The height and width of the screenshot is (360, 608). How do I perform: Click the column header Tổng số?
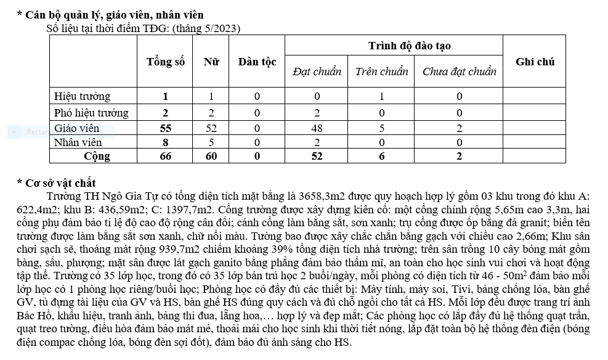(x=165, y=62)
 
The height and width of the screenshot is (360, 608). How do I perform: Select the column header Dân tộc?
(x=257, y=62)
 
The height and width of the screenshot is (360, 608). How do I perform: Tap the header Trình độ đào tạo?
(x=409, y=46)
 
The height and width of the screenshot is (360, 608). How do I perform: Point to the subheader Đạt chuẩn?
(x=317, y=72)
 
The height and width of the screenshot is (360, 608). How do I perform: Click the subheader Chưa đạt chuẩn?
(x=459, y=72)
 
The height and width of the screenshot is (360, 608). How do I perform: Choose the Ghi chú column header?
(x=535, y=62)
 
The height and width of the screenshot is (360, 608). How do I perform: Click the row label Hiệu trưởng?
(x=82, y=96)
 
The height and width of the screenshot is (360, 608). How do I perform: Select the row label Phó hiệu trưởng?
(x=91, y=113)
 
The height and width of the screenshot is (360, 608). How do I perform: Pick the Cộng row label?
(x=97, y=157)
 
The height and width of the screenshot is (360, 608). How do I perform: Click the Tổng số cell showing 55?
(x=165, y=128)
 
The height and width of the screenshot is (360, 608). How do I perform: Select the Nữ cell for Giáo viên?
(x=211, y=128)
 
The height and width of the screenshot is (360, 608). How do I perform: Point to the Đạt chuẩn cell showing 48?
(x=317, y=128)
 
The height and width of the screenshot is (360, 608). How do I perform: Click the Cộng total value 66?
(x=165, y=157)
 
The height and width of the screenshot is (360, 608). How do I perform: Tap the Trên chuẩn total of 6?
(x=381, y=157)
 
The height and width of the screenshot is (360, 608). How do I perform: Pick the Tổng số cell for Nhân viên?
(x=165, y=142)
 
